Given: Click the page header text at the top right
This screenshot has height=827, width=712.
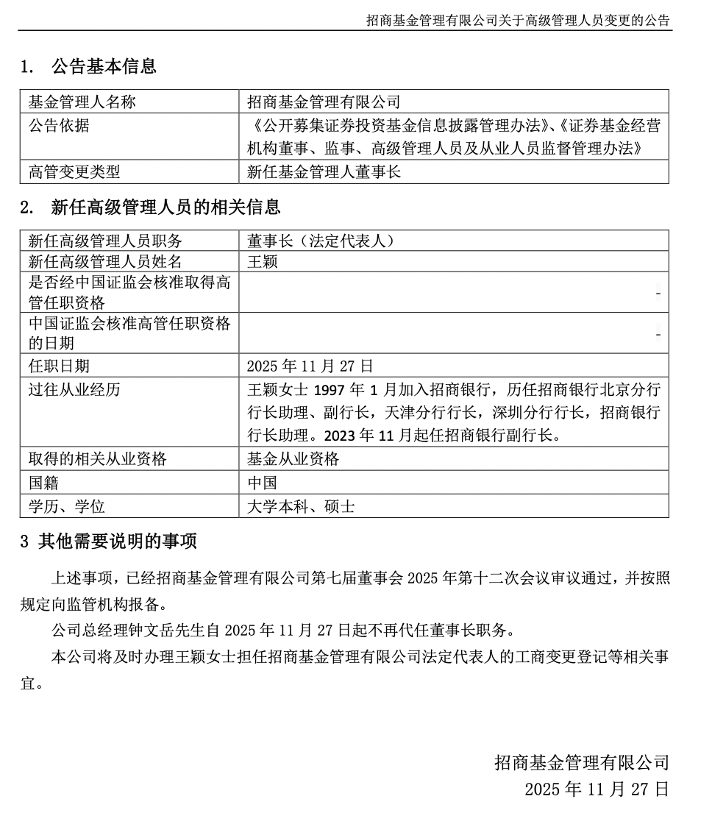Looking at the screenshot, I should pyautogui.click(x=518, y=21).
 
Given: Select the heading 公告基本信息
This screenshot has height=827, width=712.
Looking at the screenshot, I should pyautogui.click(x=104, y=67).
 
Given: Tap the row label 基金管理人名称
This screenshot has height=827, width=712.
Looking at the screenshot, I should pyautogui.click(x=82, y=102).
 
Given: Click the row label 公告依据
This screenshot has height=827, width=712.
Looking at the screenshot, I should pyautogui.click(x=59, y=125).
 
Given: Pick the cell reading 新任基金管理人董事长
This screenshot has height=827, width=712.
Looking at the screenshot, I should pyautogui.click(x=324, y=172).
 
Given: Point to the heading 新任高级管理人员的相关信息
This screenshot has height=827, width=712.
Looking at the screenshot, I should pyautogui.click(x=165, y=207).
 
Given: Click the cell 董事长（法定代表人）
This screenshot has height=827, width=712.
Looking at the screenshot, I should pyautogui.click(x=321, y=241).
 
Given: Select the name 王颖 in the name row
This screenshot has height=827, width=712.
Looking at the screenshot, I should pyautogui.click(x=263, y=261).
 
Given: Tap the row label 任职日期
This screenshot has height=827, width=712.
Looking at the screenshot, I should pyautogui.click(x=59, y=366).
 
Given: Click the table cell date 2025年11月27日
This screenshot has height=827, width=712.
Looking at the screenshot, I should pyautogui.click(x=310, y=366).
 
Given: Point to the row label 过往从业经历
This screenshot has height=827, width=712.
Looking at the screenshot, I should pyautogui.click(x=74, y=389).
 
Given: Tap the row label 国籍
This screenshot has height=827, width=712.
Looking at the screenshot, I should pyautogui.click(x=43, y=483).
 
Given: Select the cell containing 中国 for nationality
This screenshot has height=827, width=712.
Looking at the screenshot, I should pyautogui.click(x=263, y=483).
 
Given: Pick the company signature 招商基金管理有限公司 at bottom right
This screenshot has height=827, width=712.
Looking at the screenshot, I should pyautogui.click(x=581, y=762).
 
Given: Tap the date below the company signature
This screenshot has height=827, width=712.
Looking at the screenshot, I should pyautogui.click(x=597, y=789).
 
